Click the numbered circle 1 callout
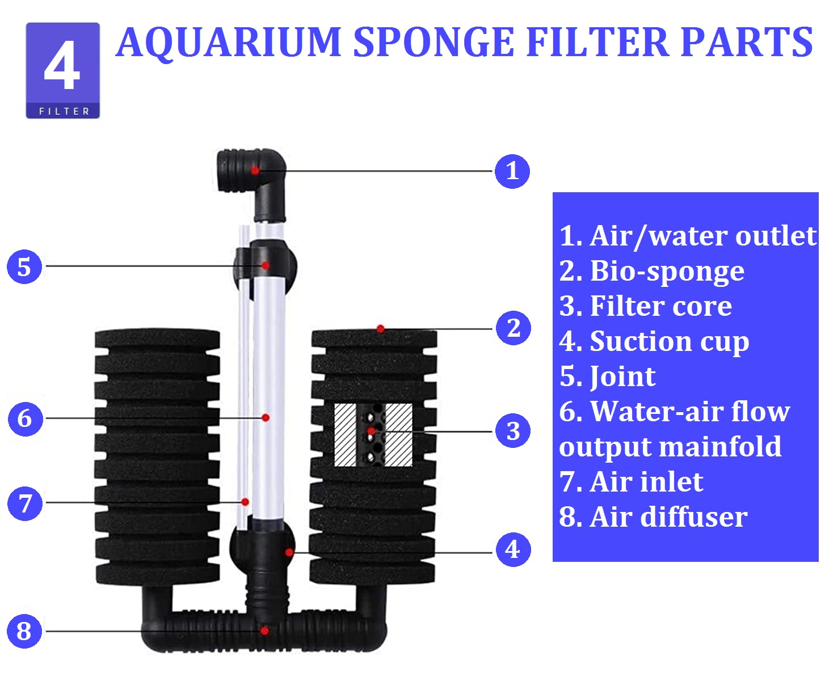coord(512,171)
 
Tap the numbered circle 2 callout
coord(513,328)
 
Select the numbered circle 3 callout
coord(513,431)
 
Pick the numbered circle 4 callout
coord(513,549)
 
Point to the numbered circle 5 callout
coord(24,266)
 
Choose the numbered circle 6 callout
coord(25,418)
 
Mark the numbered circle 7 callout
coord(25,503)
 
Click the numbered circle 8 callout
coord(24,630)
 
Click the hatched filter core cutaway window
coord(373,435)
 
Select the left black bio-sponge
coord(157,456)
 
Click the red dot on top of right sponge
coord(381,329)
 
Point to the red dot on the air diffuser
coord(265,630)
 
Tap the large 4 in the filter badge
coord(62,67)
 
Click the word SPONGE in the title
coord(434,43)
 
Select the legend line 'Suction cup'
coord(654,341)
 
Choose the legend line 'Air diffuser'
coord(653,517)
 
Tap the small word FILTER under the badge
coord(64,111)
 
